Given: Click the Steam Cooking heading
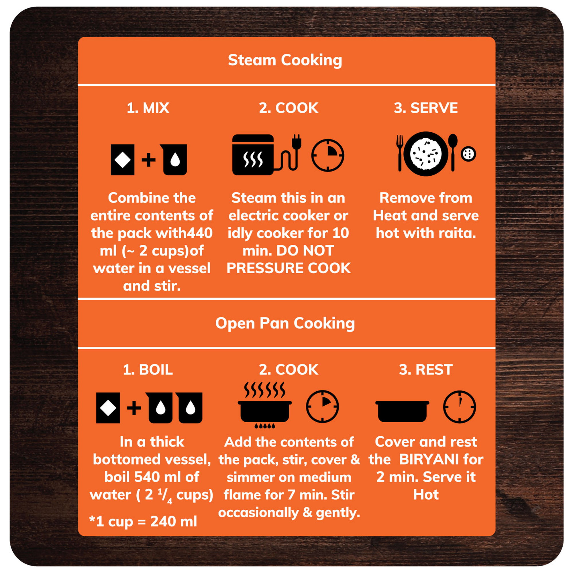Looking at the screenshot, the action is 285,60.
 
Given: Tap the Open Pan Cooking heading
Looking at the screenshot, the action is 285,323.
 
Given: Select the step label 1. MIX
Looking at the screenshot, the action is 148,108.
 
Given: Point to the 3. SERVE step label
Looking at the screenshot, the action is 426,108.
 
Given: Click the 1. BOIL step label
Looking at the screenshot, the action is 148,370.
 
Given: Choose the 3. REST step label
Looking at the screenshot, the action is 426,370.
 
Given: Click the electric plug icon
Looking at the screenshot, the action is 297,142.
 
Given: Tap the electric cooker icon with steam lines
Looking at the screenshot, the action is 253,155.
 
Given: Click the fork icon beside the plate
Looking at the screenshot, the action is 400,153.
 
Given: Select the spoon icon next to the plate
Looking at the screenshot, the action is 453,152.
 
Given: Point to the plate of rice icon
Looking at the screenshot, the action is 426,154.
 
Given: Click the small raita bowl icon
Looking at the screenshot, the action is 469,154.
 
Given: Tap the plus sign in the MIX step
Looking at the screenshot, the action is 148,160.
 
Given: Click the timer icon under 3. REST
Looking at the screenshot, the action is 460,407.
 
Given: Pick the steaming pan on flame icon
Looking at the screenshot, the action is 264,405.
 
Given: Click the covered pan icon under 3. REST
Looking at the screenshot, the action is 402,411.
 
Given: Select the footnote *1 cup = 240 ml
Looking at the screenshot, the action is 143,521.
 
